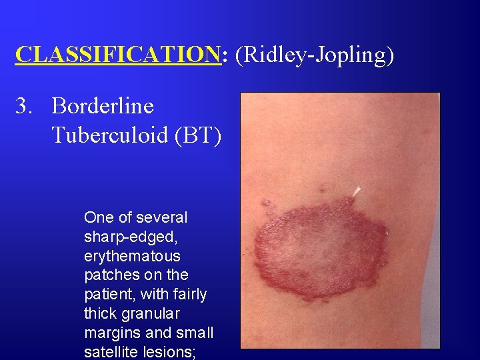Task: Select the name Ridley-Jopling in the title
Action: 313,55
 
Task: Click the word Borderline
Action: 103,106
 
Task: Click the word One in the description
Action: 98,217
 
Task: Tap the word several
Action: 163,217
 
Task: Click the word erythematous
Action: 133,256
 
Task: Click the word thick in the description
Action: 101,313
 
